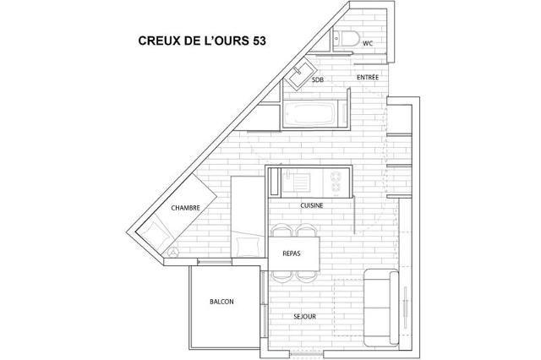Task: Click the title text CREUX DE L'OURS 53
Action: point(202,41)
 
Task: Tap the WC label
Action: point(368,43)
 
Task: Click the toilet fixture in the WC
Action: point(347,38)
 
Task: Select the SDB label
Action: point(318,79)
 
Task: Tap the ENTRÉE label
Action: point(368,77)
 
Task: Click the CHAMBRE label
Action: point(186,208)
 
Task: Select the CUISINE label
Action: point(312,205)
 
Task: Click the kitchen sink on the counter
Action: point(296,182)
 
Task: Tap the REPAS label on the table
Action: point(292,254)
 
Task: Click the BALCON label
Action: point(221,302)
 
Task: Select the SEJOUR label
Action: point(304,316)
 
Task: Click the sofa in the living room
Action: point(381,308)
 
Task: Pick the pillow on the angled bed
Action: point(156,233)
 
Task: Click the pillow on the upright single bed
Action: point(248,246)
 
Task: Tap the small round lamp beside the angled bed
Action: point(172,253)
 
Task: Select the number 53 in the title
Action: point(260,41)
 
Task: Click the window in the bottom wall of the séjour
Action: point(306,354)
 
